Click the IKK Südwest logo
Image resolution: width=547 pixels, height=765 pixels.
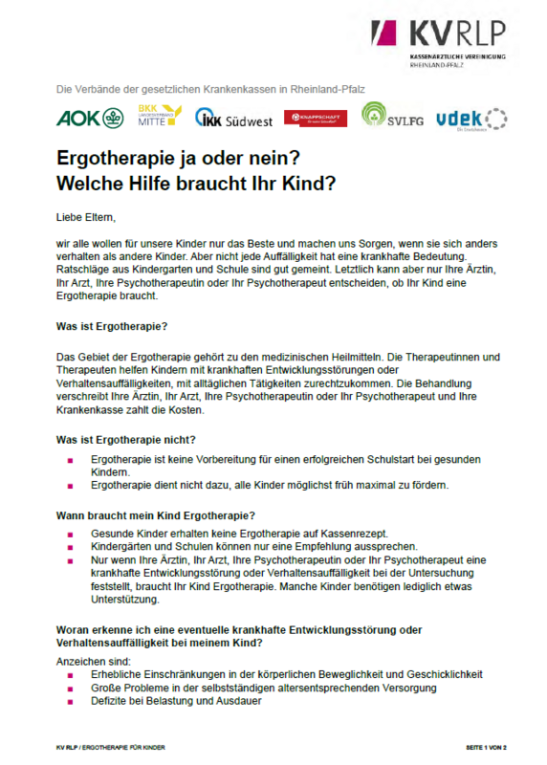(233, 119)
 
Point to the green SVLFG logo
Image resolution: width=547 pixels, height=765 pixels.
(392, 116)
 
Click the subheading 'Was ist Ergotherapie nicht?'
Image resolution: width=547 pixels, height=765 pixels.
(126, 439)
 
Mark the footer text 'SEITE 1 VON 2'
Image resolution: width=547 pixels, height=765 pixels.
(491, 746)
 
